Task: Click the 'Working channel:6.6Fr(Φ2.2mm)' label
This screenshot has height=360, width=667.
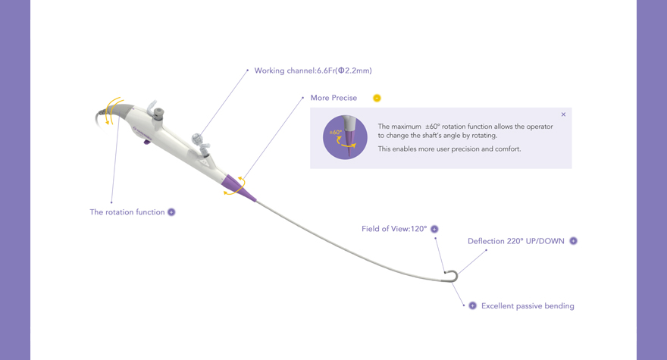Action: coord(312,70)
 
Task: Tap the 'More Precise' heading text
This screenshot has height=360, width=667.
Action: coord(333,98)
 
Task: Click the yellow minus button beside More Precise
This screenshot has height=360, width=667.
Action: coord(377,98)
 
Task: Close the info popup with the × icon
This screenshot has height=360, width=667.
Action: coord(563,114)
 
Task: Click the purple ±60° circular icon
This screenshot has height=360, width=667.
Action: coord(345,137)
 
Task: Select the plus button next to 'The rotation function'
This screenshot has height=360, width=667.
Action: coord(171,212)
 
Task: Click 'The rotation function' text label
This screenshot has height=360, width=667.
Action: coord(127,212)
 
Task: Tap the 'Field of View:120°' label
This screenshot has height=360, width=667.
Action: coord(394,229)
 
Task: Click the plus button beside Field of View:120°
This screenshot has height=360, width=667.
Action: coord(434,229)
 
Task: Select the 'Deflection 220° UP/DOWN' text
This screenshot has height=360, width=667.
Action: coord(515,241)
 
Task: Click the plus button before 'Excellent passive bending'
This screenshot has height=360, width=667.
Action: coord(472,306)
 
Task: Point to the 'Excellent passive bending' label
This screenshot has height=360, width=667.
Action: coord(528,306)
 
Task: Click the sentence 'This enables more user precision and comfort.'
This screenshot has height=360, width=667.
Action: coord(449,149)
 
